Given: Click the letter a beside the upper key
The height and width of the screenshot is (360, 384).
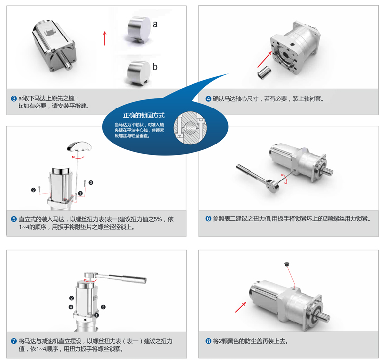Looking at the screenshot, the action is [155, 24].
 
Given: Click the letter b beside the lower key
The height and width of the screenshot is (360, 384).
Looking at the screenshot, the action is [155, 67].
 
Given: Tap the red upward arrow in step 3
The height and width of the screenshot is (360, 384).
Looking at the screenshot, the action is [105, 38].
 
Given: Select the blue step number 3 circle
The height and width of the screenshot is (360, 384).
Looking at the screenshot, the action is [14, 98].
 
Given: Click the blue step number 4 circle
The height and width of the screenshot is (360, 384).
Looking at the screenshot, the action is [208, 99].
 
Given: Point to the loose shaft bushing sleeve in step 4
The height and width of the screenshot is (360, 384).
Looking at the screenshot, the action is [264, 72].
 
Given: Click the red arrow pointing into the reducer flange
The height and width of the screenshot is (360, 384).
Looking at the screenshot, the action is [265, 59].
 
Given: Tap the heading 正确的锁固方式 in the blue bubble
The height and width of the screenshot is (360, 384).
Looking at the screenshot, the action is [144, 115].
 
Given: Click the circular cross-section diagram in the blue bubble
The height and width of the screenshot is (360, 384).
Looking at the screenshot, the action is [190, 128].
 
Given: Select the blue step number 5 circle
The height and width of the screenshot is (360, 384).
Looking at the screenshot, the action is [14, 219].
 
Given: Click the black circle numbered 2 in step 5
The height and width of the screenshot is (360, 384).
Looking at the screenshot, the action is [33, 190].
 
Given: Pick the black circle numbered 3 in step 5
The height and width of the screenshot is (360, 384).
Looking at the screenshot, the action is [91, 182].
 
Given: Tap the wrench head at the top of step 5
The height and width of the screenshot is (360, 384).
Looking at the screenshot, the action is [79, 146].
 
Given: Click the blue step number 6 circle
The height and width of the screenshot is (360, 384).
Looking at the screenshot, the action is [208, 219].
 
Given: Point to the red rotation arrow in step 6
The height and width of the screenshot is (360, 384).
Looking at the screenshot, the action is [285, 178].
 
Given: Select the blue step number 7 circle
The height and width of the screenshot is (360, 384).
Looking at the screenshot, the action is [14, 341].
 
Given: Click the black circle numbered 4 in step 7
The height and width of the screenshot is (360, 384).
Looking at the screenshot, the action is [71, 307].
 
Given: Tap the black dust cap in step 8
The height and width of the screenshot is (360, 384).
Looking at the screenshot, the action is [287, 264].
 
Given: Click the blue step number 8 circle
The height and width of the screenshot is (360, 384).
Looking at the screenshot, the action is [208, 341].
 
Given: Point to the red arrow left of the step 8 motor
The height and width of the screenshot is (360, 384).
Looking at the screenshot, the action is [241, 307].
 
